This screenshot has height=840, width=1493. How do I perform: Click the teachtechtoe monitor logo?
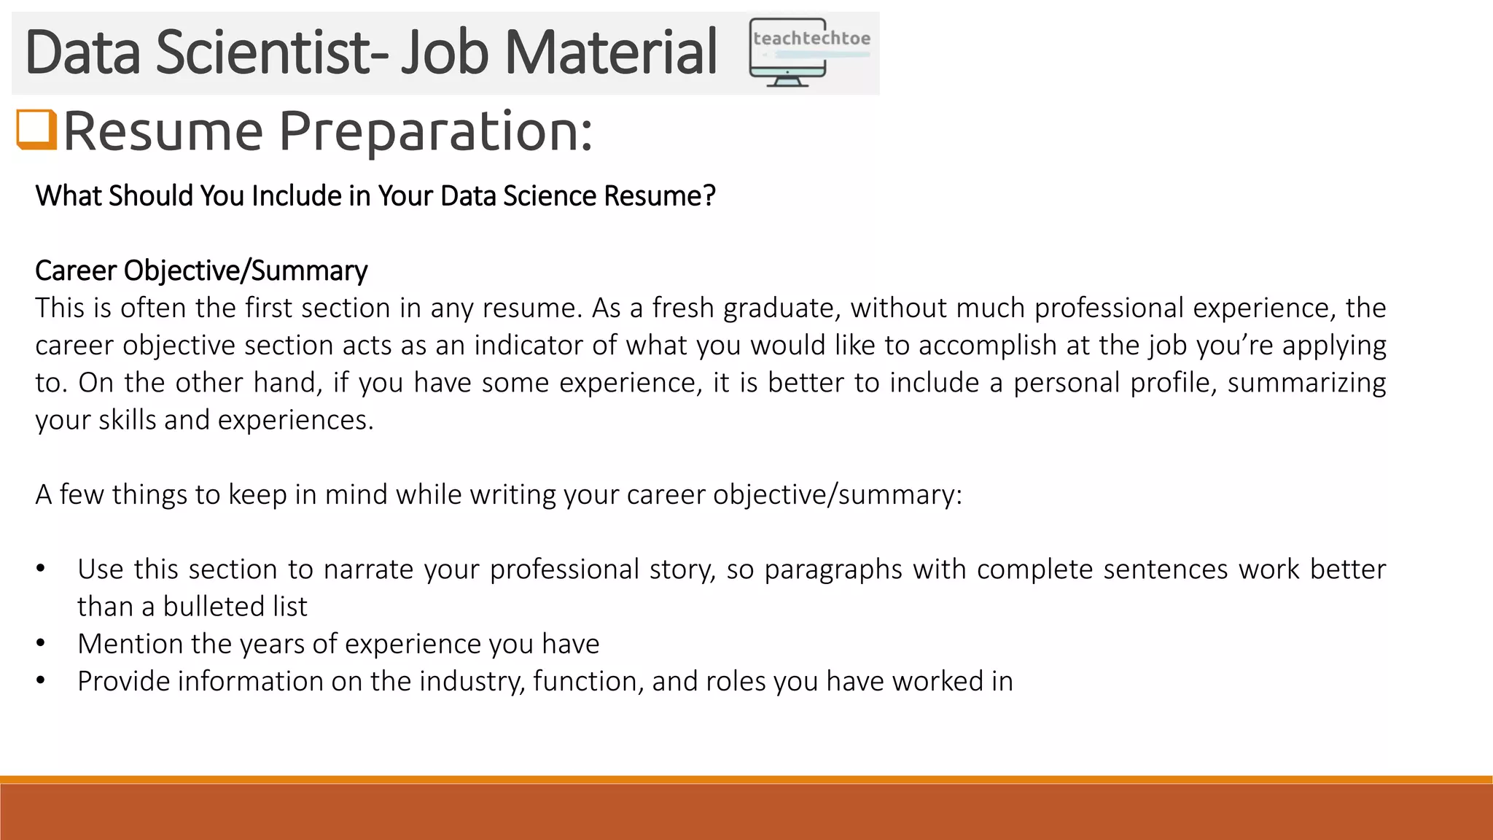coord(809,52)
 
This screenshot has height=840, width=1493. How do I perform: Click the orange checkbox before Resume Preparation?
coord(36,130)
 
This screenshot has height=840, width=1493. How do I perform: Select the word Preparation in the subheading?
coord(436,131)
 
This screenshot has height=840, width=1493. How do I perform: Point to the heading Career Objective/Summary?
coord(201,271)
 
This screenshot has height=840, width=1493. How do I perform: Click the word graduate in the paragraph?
coord(782,308)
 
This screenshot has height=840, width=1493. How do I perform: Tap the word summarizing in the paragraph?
coord(1306,382)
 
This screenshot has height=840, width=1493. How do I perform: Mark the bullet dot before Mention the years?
coord(41,644)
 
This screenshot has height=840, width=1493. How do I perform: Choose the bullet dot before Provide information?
coord(41,681)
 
